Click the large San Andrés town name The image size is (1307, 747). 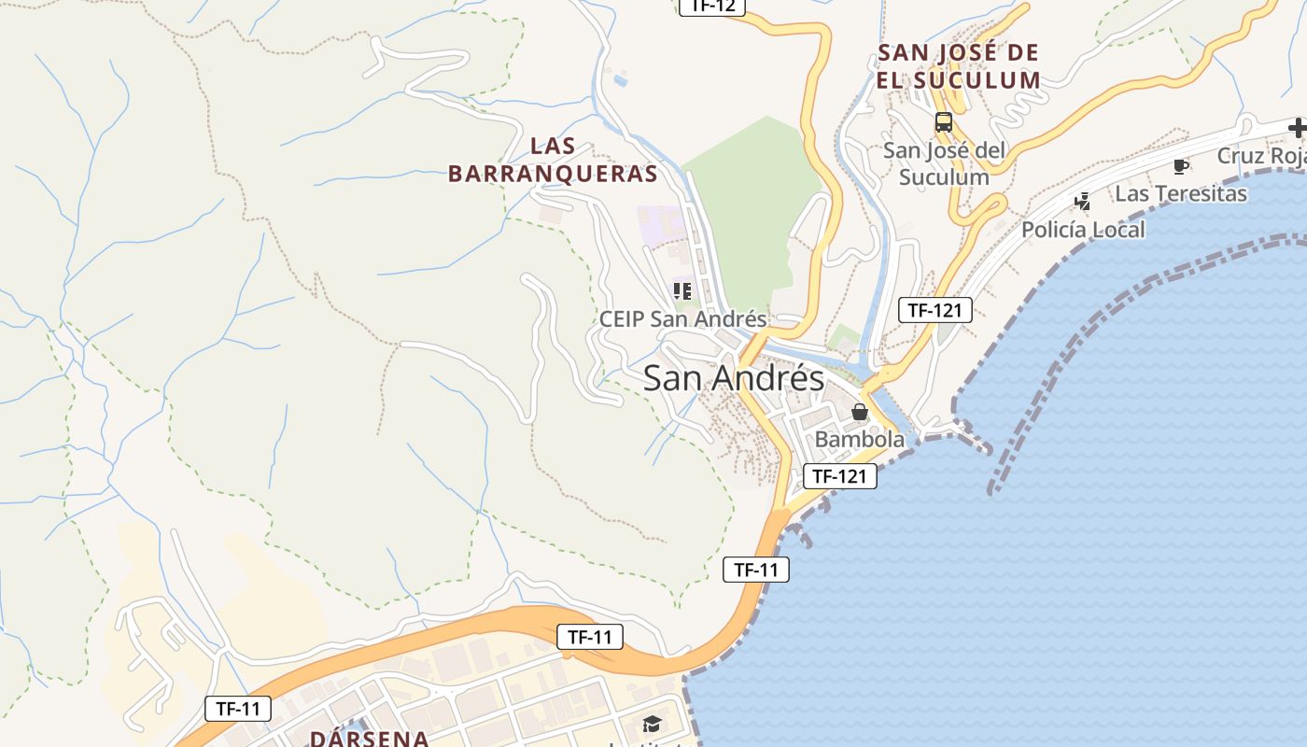click(734, 378)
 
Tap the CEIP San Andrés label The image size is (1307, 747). click(682, 318)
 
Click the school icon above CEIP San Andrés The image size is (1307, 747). click(682, 290)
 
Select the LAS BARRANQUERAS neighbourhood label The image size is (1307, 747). click(553, 160)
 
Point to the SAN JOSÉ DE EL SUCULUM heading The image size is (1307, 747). click(958, 66)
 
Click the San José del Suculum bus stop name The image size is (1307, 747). click(944, 163)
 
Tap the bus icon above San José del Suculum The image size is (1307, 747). click(943, 122)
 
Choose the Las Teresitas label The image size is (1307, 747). click(1181, 193)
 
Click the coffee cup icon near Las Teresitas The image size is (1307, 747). click(1180, 167)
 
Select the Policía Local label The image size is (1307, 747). click(1083, 230)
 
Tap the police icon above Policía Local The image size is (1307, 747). click(1082, 201)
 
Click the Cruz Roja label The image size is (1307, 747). click(1261, 155)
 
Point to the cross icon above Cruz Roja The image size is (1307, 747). click(1297, 128)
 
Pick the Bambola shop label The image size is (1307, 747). click(860, 439)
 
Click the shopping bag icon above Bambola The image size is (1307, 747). click(860, 412)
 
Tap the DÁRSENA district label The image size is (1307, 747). click(369, 738)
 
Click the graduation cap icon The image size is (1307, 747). click(651, 724)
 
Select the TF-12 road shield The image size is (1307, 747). click(711, 6)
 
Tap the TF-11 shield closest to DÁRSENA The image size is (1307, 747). click(238, 709)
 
